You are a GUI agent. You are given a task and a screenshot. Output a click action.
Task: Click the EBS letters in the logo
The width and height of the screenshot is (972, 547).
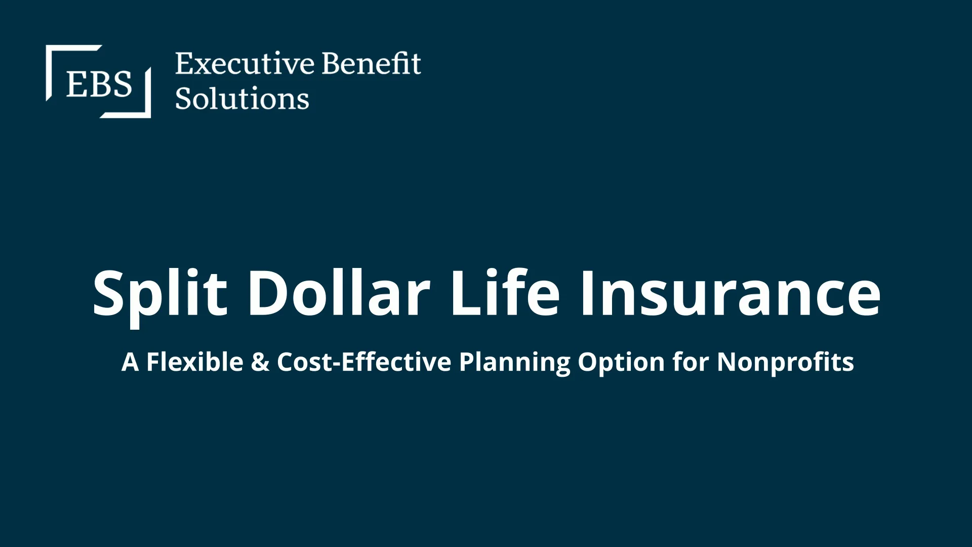coord(99,84)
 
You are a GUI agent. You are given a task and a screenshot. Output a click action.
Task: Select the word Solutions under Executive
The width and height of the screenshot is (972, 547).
coord(242,98)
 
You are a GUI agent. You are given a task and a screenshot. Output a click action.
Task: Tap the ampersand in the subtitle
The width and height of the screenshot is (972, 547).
coord(260,362)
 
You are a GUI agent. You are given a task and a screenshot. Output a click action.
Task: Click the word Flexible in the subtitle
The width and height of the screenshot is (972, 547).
coord(195,362)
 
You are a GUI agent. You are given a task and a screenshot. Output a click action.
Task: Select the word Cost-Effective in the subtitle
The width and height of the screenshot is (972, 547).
coord(364,362)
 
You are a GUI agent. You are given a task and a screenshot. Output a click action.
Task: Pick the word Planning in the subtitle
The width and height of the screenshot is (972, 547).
coord(514,363)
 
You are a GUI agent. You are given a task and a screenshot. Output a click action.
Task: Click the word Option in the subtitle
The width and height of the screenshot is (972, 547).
coord(621,363)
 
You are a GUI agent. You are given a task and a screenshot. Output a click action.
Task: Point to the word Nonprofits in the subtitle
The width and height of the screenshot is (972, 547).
coord(785,363)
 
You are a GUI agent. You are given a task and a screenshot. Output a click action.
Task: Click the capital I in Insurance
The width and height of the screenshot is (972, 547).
coord(588,293)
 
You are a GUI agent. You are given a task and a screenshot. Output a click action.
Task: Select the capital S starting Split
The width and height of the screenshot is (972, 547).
coord(108,293)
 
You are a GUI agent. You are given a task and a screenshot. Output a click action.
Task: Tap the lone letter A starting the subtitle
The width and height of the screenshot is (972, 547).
coord(130,362)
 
